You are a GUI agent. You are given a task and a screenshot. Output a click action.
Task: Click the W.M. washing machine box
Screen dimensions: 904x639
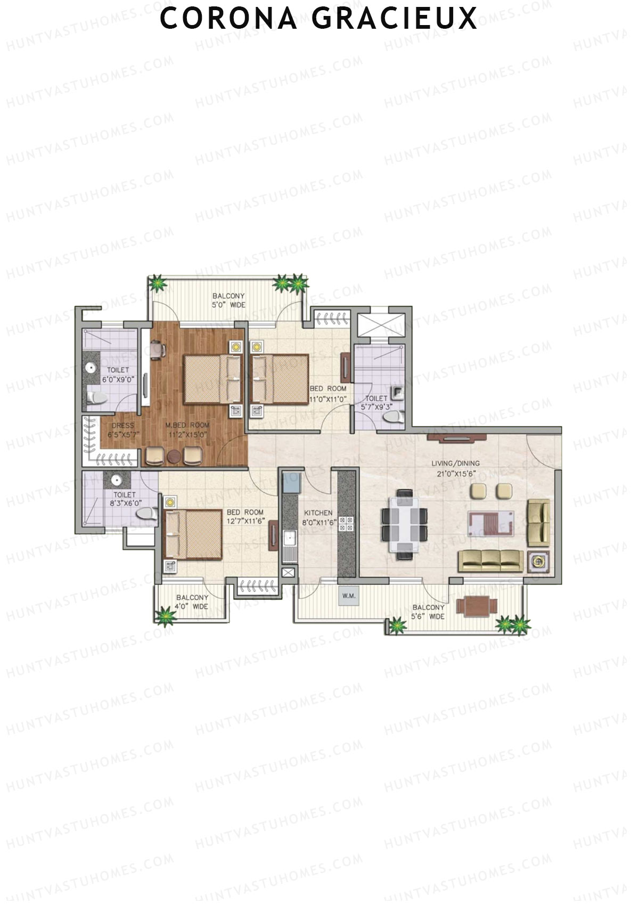[349, 596]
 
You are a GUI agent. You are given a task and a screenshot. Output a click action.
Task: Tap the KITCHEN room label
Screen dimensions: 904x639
[318, 517]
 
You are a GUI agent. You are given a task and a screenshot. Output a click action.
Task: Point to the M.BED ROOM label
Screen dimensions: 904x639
[187, 429]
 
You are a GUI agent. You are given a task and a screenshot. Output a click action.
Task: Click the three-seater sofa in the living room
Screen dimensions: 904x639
[490, 560]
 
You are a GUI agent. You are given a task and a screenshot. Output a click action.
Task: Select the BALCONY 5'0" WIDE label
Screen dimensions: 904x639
[228, 300]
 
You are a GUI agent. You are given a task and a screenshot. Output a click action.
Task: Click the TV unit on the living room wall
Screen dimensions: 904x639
[456, 438]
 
